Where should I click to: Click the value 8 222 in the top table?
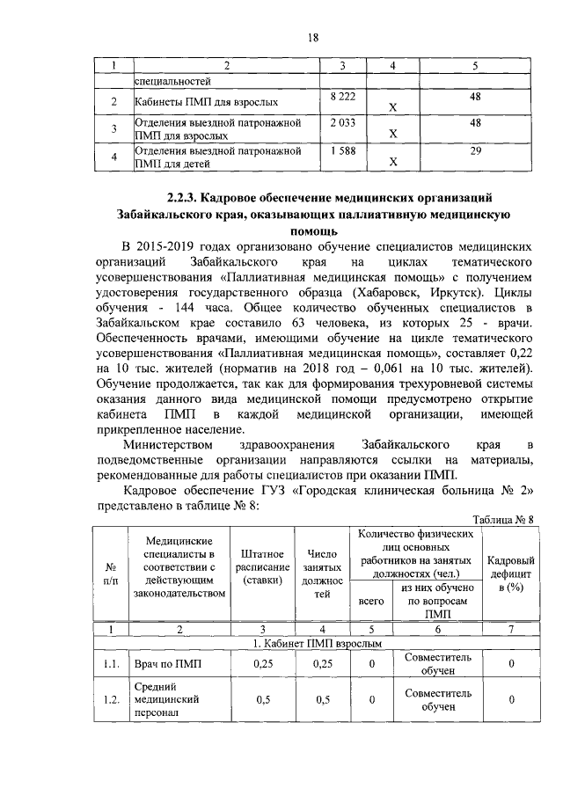(x=342, y=94)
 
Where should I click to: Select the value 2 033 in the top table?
(x=342, y=123)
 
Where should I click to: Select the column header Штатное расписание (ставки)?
(x=262, y=567)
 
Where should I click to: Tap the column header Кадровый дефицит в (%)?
(x=511, y=574)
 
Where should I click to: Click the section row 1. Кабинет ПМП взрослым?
(x=318, y=644)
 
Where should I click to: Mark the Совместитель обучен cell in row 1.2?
(x=437, y=700)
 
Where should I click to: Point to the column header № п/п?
(x=110, y=574)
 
